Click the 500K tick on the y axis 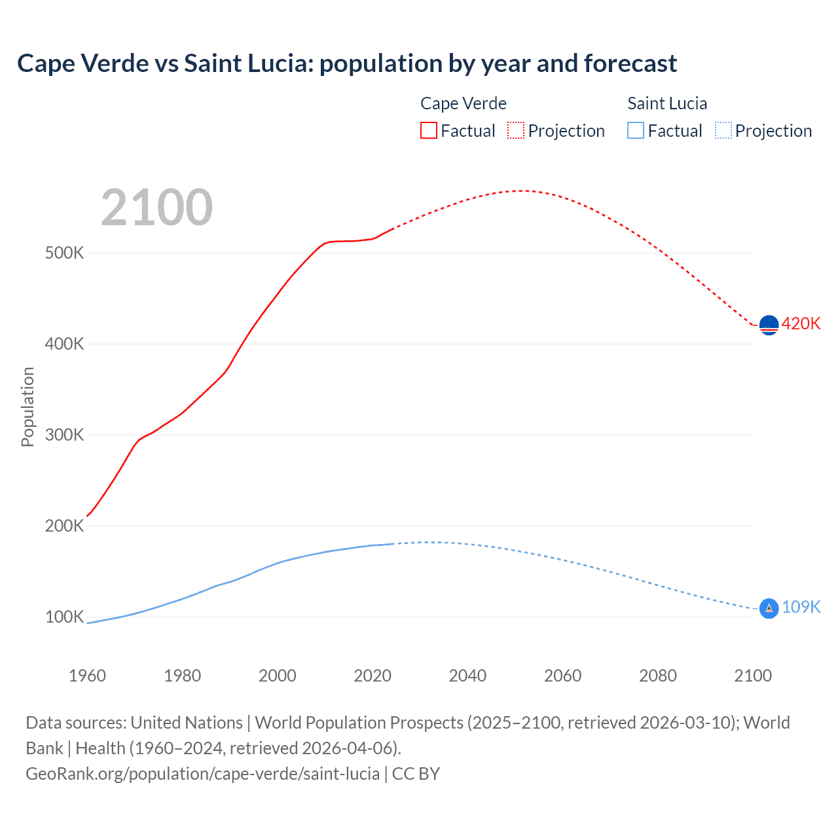[64, 253]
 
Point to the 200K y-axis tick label [64, 526]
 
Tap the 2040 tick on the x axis [467, 676]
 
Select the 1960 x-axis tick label [87, 676]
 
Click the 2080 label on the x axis [658, 676]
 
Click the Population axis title [27, 407]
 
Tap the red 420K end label [801, 324]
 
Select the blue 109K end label [801, 608]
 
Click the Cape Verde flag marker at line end [769, 325]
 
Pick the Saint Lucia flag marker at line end [769, 608]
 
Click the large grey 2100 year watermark [156, 208]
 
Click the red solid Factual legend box [428, 130]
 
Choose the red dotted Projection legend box [516, 130]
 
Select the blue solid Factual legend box [636, 130]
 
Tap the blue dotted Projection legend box [723, 130]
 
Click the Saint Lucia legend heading [667, 103]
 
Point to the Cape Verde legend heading [464, 103]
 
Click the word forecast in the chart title [630, 64]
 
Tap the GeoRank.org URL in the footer [202, 774]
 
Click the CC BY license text [416, 774]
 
